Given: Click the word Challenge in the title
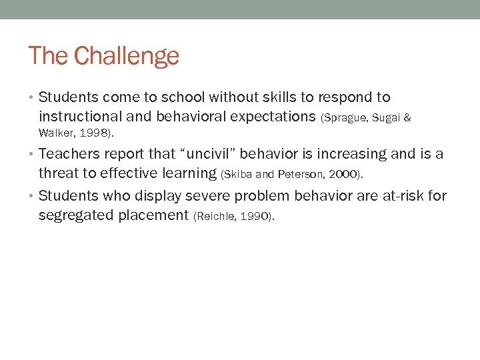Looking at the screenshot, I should click(127, 56).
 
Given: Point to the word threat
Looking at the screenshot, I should click(60, 173).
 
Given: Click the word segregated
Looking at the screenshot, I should click(75, 215).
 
